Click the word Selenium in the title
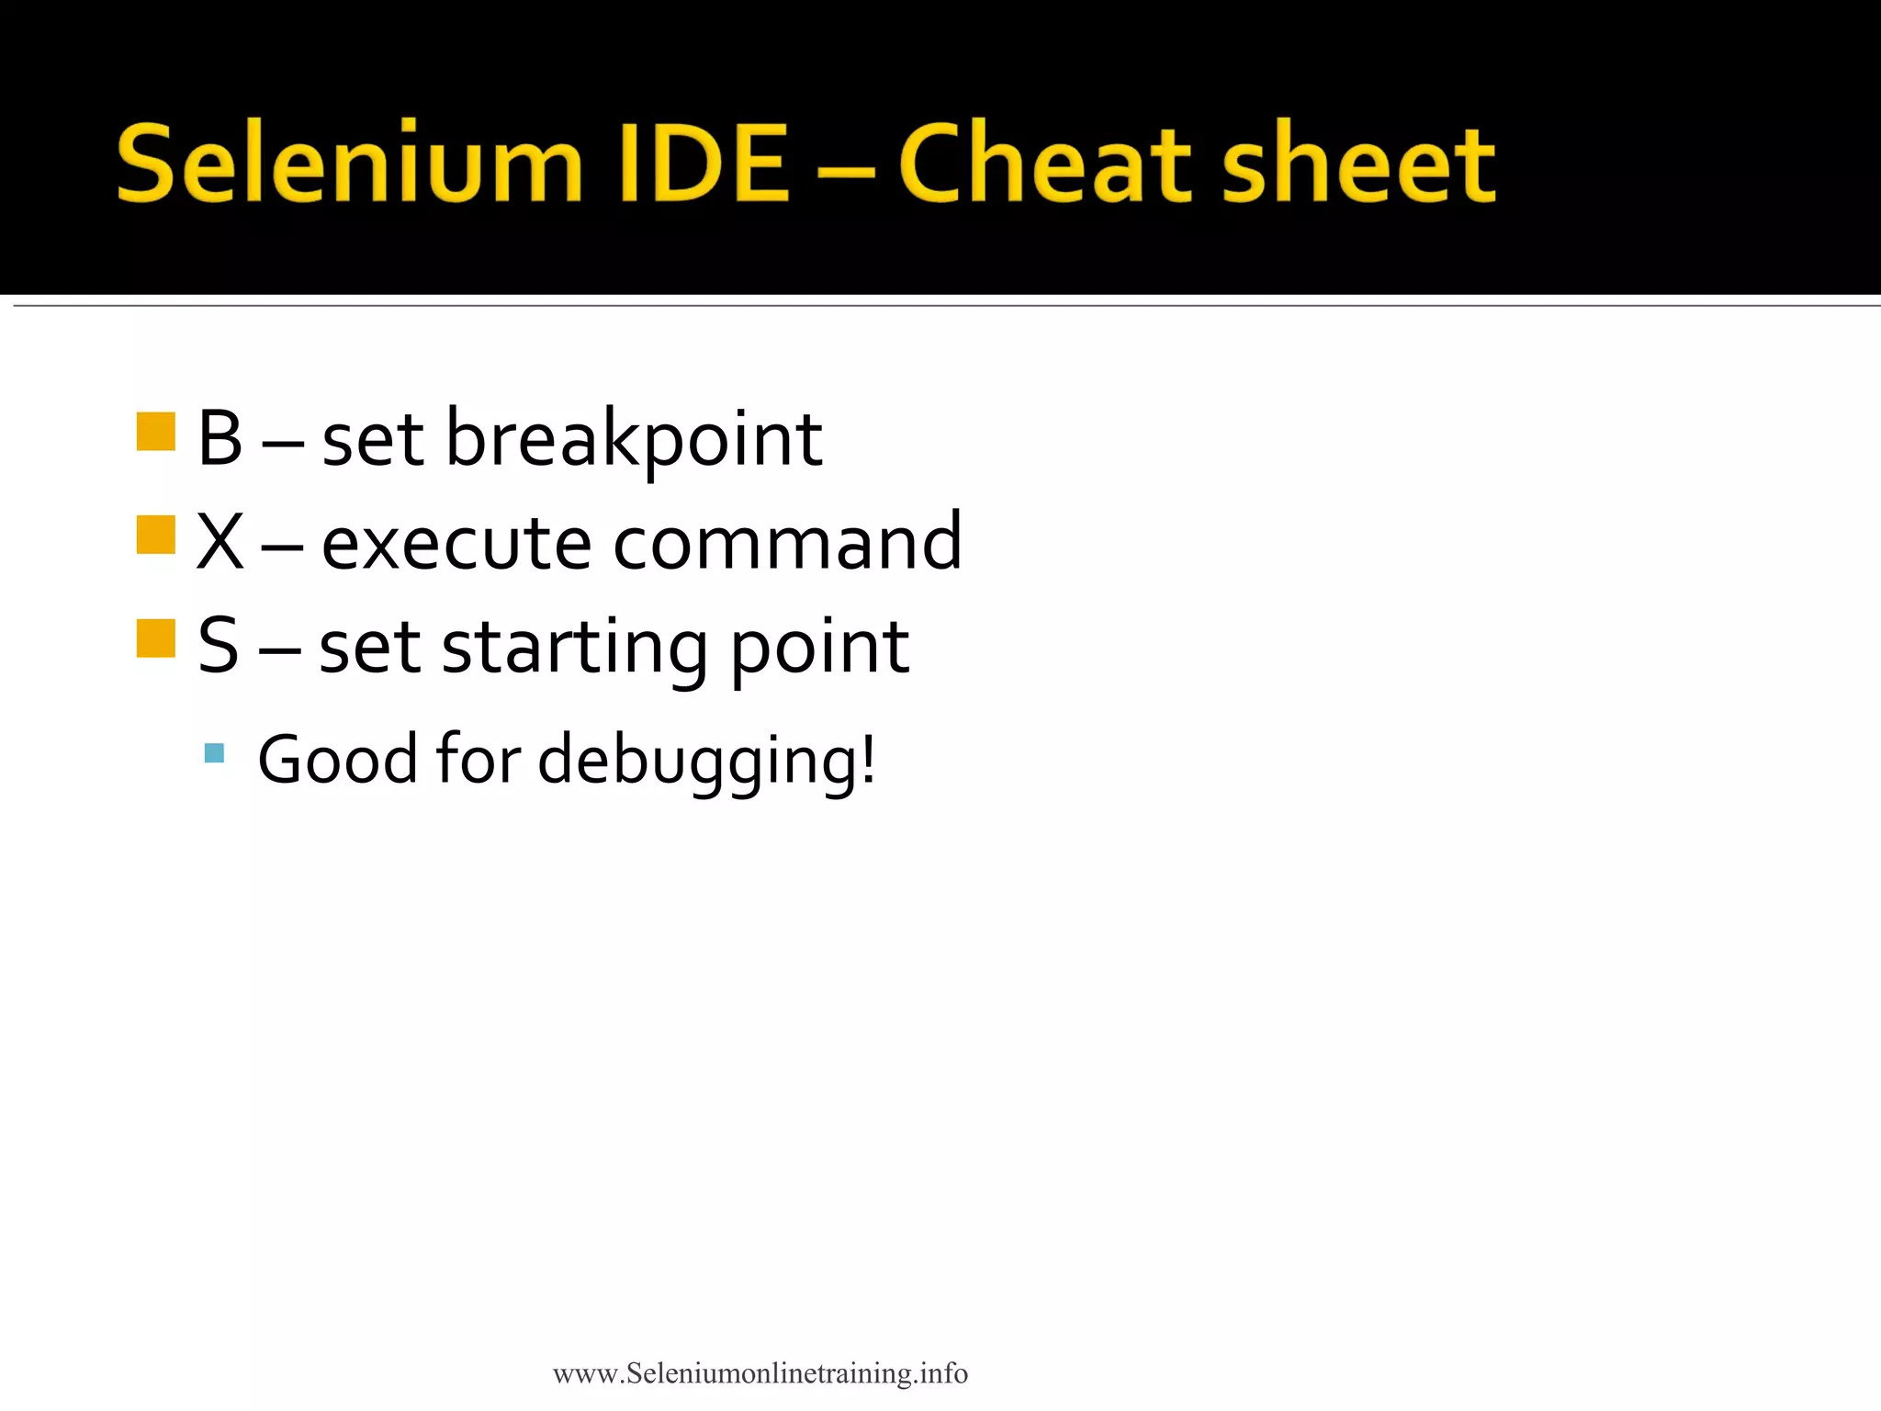pos(349,164)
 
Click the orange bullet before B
pos(155,432)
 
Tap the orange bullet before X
pos(155,536)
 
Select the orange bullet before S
pos(155,639)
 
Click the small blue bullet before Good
pos(214,754)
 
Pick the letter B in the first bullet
pos(220,439)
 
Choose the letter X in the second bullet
pos(220,543)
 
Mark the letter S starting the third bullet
pos(219,647)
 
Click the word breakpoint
pos(634,441)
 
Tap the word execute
pos(456,543)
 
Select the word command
pos(787,543)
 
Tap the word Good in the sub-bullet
pos(337,760)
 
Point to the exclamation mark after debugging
pos(867,759)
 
